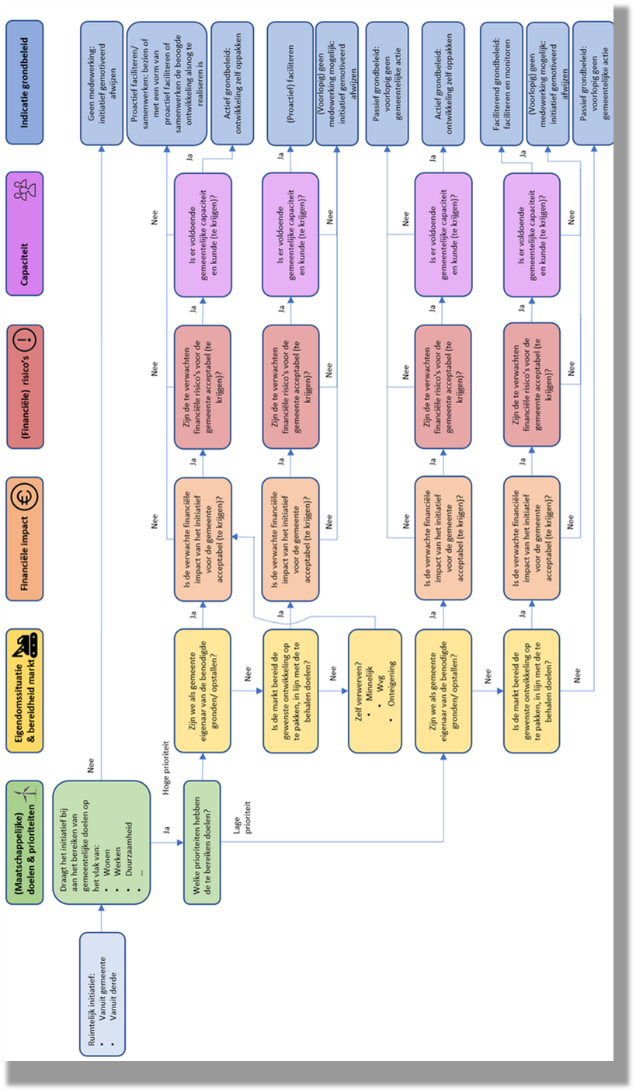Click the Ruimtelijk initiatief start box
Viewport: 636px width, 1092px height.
[102, 993]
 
